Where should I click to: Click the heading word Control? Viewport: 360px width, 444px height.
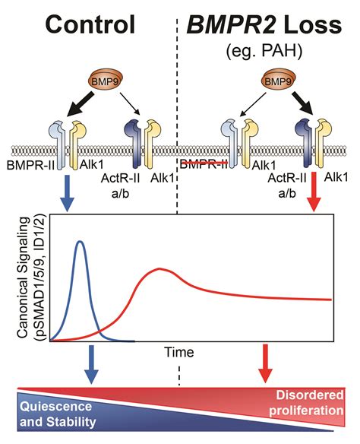[90, 25]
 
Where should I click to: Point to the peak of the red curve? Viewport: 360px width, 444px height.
[159, 269]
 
